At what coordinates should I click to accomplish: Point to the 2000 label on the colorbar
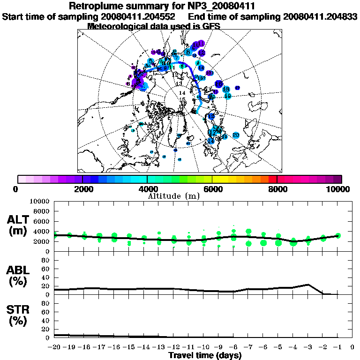pos(82,189)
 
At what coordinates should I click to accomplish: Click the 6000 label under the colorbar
pos(212,189)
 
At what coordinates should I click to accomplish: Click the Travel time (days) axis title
pos(205,356)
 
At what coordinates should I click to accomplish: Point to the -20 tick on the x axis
pos(55,347)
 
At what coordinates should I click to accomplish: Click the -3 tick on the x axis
pos(308,347)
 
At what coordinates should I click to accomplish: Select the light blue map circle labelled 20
pos(236,135)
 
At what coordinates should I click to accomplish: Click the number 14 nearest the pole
pos(183,93)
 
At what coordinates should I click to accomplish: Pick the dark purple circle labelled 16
pos(219,83)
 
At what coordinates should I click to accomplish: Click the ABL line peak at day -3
pos(308,285)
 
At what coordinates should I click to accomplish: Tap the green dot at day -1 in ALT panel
pos(338,235)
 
